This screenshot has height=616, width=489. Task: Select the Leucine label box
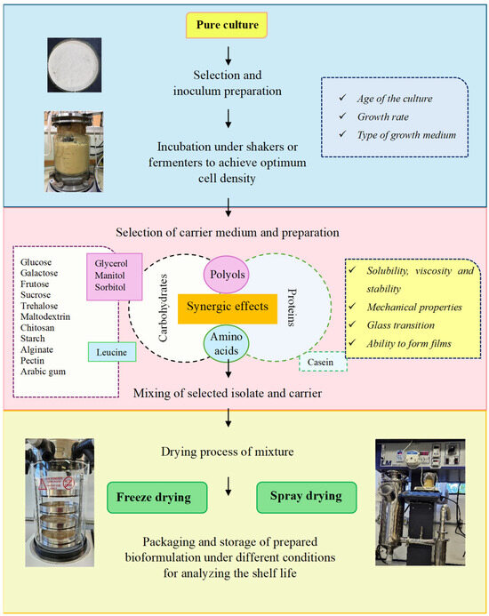[112, 353]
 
